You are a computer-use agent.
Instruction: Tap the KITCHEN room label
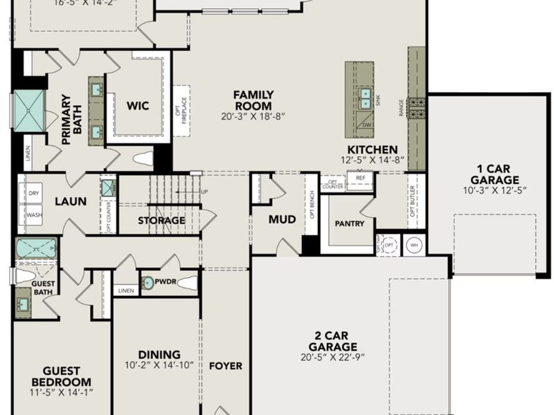tap(373, 149)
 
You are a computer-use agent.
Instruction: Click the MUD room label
tap(282, 219)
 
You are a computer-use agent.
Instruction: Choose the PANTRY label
tap(349, 223)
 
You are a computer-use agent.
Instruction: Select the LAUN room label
tap(71, 201)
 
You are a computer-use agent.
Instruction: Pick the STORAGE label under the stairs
tap(161, 221)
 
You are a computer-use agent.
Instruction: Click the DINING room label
tap(159, 354)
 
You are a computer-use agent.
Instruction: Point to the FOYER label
tap(226, 365)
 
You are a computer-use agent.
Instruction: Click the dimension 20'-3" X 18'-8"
tap(253, 116)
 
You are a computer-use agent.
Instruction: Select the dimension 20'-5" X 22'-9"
tap(333, 358)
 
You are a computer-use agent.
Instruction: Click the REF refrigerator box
tap(360, 178)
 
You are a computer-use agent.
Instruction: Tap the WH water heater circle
tap(414, 246)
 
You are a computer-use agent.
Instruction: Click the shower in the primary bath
tap(30, 109)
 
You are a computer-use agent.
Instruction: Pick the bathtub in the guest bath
tap(37, 248)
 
